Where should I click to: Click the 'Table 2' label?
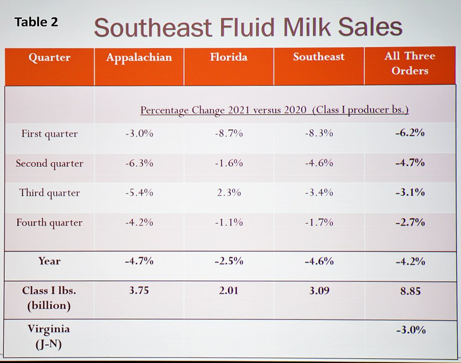point(36,22)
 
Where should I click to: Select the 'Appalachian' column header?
point(139,58)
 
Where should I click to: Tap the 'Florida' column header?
point(228,57)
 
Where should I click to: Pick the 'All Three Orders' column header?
point(410,63)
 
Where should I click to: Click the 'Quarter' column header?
point(49,58)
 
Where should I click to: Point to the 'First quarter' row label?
point(50,134)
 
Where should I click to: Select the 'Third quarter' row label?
point(50,193)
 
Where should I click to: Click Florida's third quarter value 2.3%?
point(229,193)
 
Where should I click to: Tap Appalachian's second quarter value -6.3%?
point(139,163)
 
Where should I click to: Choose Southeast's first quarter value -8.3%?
point(319,134)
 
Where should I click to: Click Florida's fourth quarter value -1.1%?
point(229,222)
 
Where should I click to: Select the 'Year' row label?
point(50,261)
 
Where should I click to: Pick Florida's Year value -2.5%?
point(229,261)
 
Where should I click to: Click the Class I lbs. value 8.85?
point(410,291)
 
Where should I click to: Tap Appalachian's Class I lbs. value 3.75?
point(139,291)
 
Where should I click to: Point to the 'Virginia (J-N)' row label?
point(49,336)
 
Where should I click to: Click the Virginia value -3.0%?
point(410,330)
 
